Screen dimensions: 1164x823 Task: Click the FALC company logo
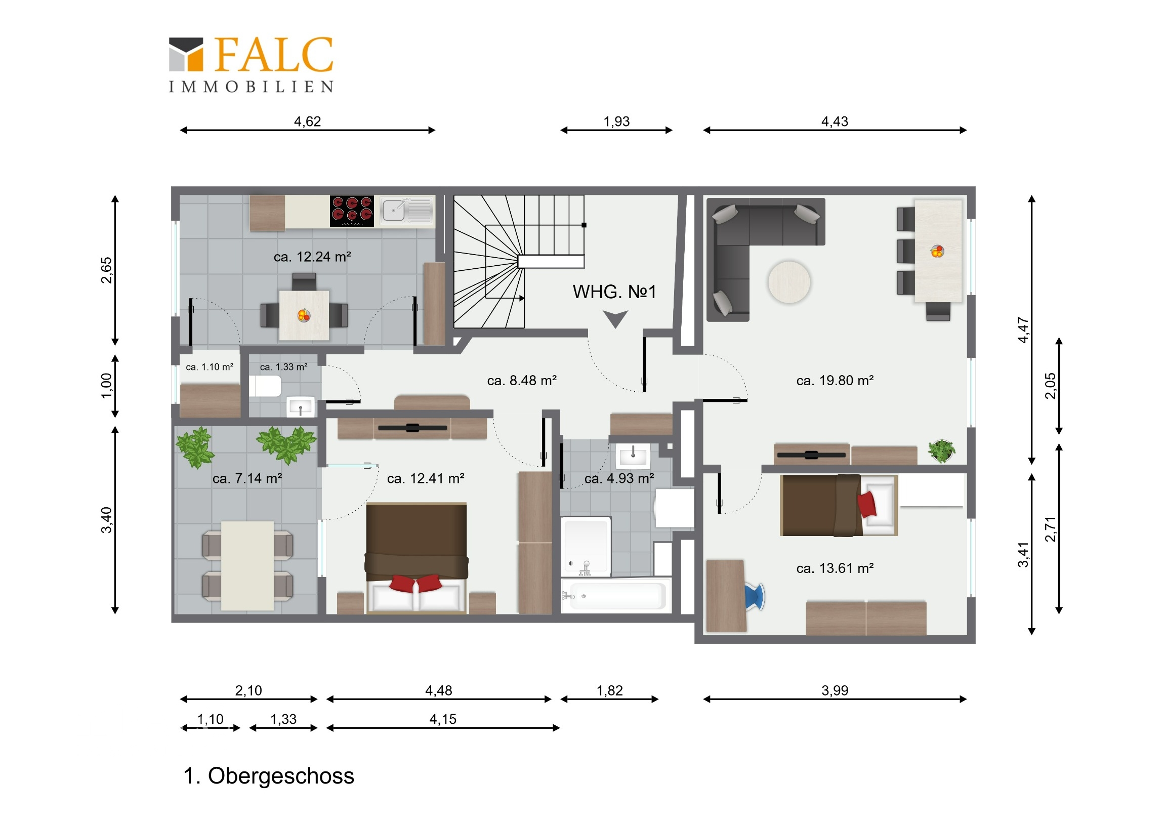251,64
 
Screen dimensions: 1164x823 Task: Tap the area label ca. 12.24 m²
312,257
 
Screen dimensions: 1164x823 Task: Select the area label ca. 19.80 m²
835,380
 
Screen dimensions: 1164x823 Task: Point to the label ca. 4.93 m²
619,478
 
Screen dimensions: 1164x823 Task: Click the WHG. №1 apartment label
614,292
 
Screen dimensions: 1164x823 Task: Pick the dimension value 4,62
307,121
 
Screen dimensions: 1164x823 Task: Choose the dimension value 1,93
616,121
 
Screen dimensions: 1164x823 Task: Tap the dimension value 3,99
835,691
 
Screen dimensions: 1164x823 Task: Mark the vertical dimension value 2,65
106,270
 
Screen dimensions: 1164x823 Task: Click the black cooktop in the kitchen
352,211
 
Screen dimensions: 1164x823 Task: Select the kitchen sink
407,211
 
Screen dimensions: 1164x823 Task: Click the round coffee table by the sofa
789,282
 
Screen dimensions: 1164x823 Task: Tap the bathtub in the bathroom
616,596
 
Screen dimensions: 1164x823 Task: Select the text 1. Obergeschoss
269,776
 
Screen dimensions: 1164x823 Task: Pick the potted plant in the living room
941,451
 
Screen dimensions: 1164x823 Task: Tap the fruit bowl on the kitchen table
304,316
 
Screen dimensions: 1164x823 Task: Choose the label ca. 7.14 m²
247,478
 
